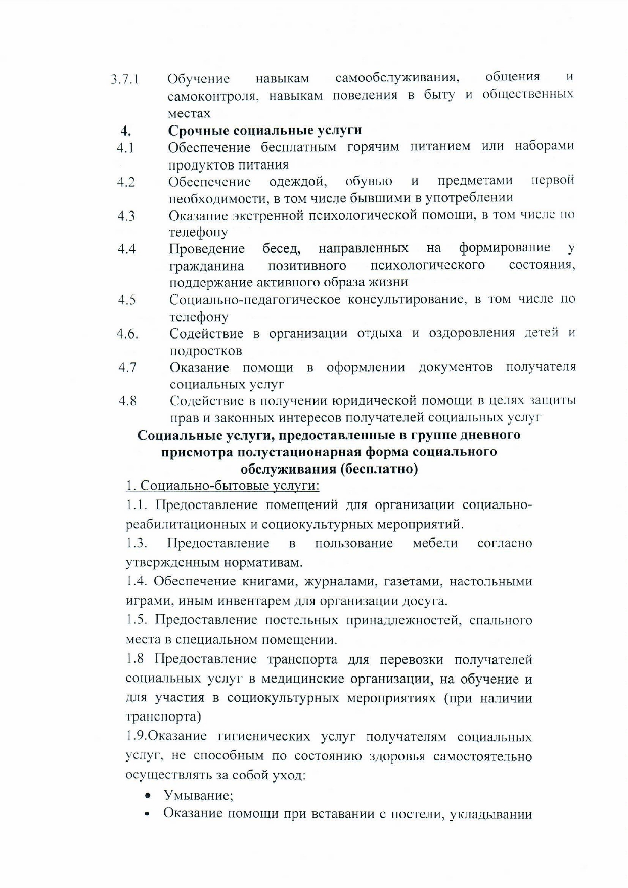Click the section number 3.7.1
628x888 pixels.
click(x=125, y=79)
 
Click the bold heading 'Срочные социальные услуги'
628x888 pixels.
click(x=264, y=130)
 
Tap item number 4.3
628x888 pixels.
click(x=126, y=216)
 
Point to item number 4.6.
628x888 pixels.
click(x=127, y=334)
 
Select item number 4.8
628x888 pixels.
click(x=128, y=401)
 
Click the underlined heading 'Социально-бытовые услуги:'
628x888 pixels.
click(x=222, y=486)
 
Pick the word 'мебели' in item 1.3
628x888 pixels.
click(x=435, y=543)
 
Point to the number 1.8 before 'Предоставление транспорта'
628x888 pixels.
click(x=135, y=659)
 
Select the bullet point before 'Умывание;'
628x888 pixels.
click(x=148, y=796)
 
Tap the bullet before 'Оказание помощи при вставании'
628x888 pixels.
click(x=148, y=814)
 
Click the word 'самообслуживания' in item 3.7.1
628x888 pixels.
click(x=397, y=78)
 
